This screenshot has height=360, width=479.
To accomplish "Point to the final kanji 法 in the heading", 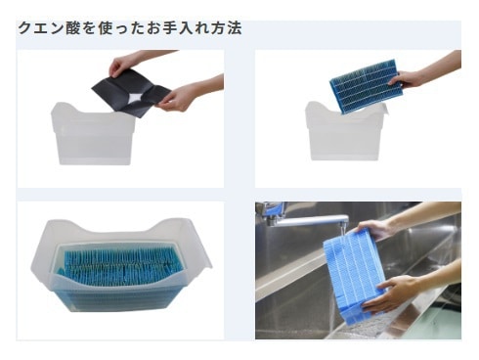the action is pos(235,28).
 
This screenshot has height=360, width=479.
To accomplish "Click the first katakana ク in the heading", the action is pos(25,28).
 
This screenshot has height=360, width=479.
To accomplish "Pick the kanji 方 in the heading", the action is pos(219,28).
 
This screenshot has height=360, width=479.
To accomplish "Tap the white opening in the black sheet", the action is pos(136,97).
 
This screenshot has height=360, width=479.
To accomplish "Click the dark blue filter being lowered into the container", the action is pos(367,86).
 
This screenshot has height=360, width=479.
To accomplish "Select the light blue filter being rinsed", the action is pos(354,274).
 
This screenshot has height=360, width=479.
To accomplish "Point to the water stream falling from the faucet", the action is pos(341,231).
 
